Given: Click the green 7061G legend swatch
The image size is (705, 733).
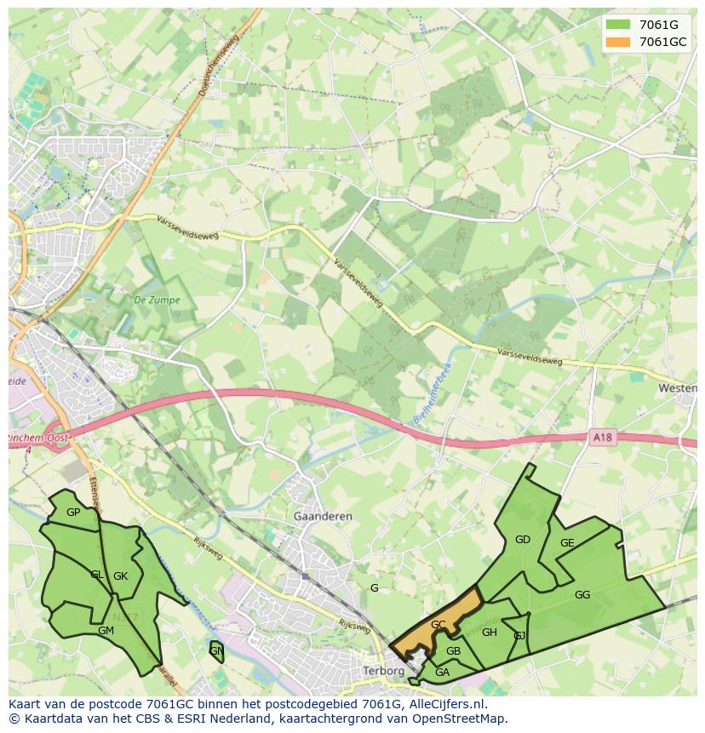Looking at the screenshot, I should pos(621,25).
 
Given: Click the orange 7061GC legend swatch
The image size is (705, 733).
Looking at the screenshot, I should pos(621,42).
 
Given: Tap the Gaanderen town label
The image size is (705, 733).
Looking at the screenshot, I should pos(323,517).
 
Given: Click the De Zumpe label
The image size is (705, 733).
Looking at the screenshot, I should pos(151,300).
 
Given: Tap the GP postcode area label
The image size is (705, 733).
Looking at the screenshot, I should pos(73,512).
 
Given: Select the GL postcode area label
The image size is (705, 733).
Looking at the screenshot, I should pos(97,575).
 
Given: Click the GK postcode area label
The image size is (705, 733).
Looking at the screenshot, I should pos(120,576).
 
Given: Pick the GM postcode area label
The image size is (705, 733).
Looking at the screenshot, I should pos(106,631).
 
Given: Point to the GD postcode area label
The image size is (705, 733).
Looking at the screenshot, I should pos(523,539).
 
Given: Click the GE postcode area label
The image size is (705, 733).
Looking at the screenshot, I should pos(567,543).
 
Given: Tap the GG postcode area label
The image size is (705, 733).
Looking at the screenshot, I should pos(582,595).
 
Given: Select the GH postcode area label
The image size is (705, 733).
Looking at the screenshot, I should pos(490,633).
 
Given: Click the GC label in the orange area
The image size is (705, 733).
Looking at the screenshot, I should pos(438,624).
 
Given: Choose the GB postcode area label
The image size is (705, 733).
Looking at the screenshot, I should pos(453,651).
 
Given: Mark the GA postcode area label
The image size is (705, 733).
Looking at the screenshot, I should pos(442,673).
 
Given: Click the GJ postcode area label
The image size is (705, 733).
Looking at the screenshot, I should pos(519,636).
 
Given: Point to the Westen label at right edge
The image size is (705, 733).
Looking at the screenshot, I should pos(678,387).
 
